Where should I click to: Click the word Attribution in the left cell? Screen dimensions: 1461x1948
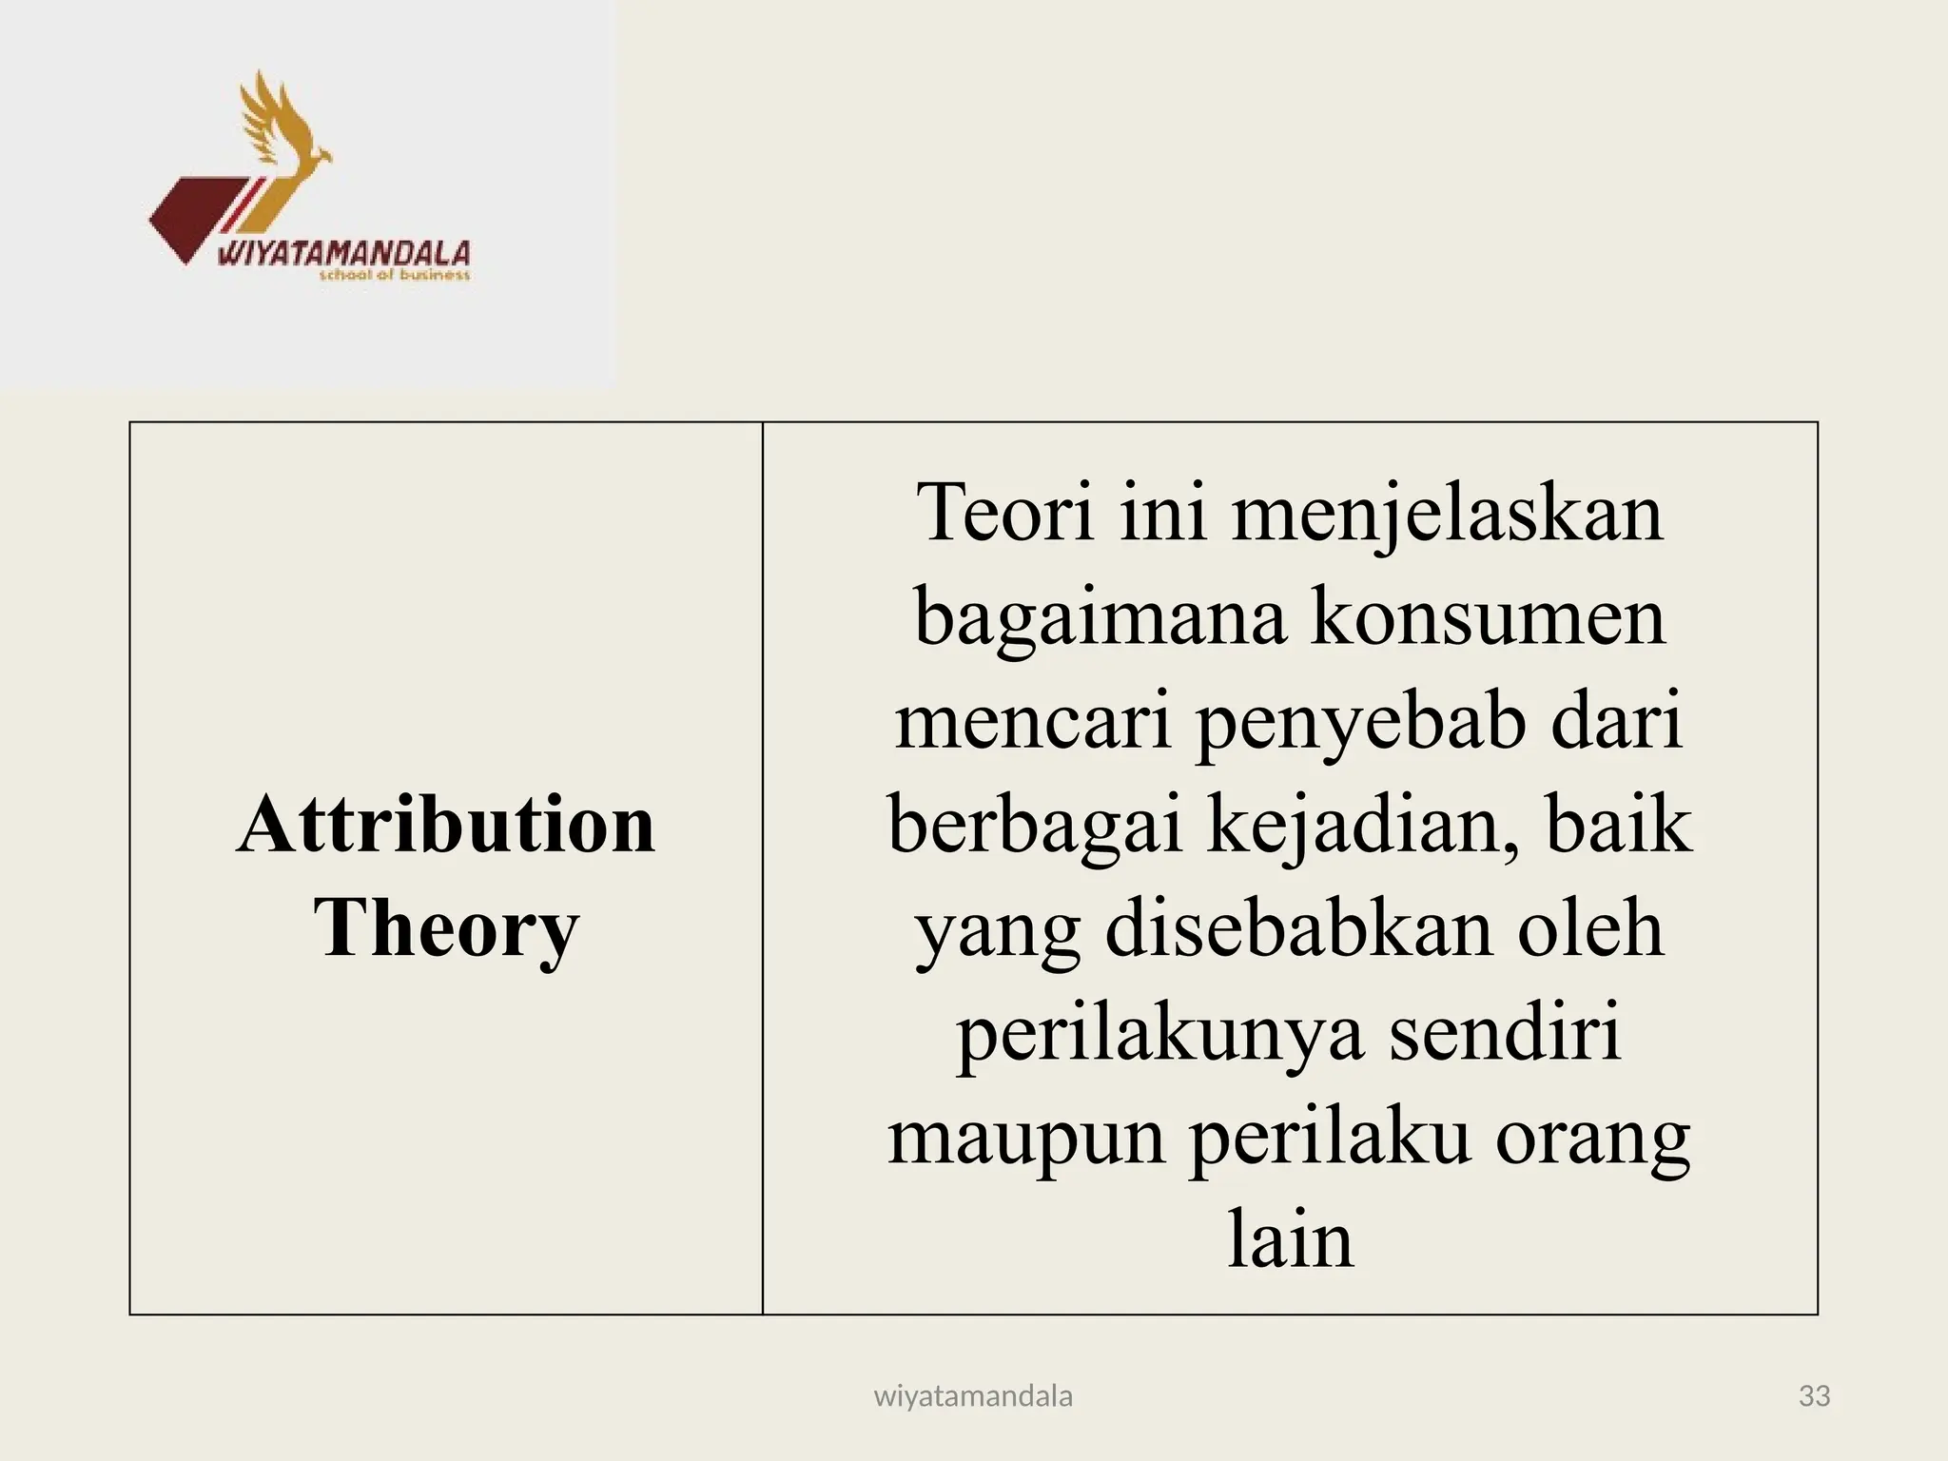pos(446,825)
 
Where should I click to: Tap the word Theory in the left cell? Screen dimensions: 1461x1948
pos(446,928)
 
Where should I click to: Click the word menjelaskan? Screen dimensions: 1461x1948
pos(1448,514)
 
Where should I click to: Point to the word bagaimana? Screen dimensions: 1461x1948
pos(1100,618)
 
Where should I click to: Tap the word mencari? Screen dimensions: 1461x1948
pos(1033,721)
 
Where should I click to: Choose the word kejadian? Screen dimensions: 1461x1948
pos(1364,826)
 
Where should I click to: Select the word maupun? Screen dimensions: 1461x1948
pos(1026,1139)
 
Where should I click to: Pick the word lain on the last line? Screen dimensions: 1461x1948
pos(1290,1239)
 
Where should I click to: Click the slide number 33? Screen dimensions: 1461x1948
pos(1815,1395)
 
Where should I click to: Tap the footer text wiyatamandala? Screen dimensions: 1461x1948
pos(973,1395)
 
